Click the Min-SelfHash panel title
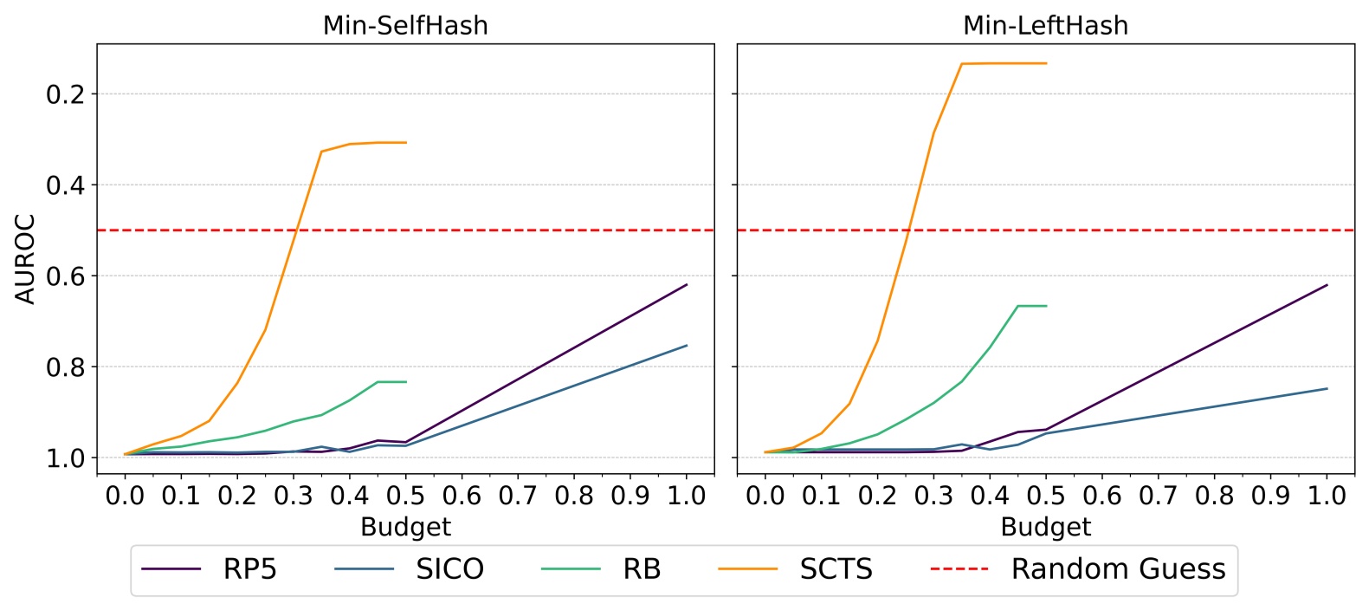point(405,25)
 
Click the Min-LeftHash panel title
point(1045,25)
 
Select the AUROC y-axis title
point(26,259)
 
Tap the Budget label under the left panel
point(405,527)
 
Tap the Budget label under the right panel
point(1045,527)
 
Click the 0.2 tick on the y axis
point(67,94)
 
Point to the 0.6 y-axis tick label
point(67,276)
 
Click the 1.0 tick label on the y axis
point(67,457)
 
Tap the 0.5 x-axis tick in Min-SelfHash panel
point(405,496)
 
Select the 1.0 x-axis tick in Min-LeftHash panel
point(1327,496)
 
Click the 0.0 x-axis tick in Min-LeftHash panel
point(765,496)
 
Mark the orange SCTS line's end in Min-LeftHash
point(1046,63)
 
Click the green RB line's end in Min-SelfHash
point(406,382)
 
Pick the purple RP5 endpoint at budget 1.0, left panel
point(687,284)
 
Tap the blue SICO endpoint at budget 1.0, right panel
point(1327,388)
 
